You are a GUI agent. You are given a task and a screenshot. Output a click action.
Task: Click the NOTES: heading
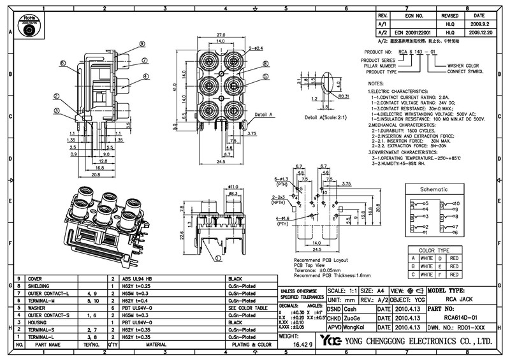[377, 84]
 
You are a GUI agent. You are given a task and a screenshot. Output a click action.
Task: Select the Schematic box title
[433, 190]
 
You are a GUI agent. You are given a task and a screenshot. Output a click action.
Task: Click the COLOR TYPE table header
[434, 250]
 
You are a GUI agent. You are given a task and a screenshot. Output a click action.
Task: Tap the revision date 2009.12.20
[479, 31]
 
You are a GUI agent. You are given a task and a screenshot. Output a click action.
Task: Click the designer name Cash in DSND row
[350, 308]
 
